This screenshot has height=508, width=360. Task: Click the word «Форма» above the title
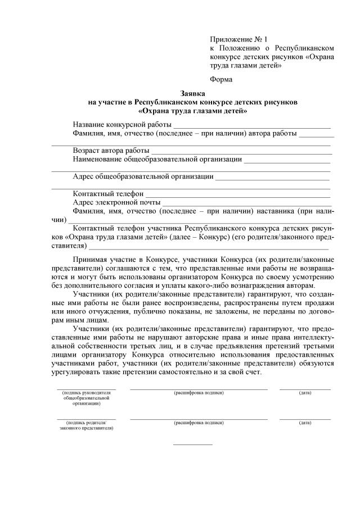point(220,80)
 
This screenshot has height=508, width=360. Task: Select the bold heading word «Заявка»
point(193,93)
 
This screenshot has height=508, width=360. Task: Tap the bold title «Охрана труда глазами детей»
point(193,111)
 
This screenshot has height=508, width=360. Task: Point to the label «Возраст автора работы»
point(111,151)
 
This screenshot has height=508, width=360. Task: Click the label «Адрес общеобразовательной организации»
point(143,176)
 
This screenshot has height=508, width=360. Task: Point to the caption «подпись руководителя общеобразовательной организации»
point(86,397)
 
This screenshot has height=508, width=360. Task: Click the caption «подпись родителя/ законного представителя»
point(86,425)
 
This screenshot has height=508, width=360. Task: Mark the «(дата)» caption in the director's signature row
point(305,392)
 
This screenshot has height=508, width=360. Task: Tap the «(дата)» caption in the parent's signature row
point(305,422)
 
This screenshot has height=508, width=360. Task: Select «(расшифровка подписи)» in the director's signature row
point(199,392)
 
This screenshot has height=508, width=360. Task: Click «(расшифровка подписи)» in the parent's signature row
point(199,422)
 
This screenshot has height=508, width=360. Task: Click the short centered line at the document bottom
point(193,444)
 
